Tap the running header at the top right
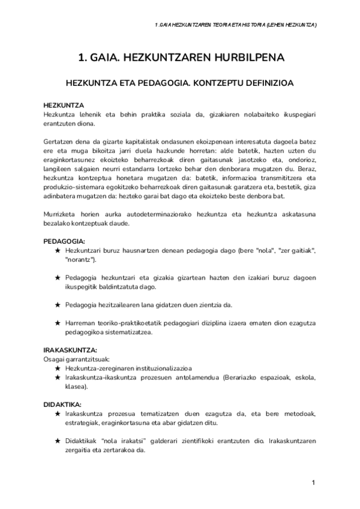(236, 25)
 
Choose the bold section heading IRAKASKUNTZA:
(71, 349)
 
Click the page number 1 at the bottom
(313, 483)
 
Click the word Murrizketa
(62, 214)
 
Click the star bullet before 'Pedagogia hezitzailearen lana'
(57, 304)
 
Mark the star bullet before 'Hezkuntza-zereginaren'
(57, 368)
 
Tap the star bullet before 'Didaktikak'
(57, 441)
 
